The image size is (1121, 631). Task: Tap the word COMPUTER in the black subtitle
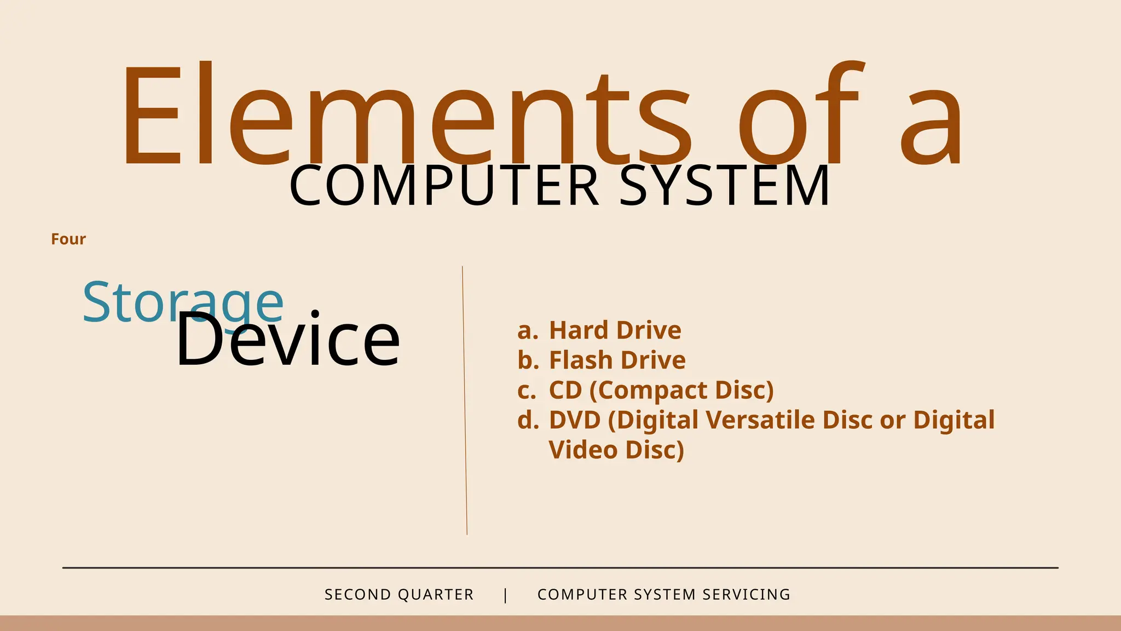click(x=443, y=186)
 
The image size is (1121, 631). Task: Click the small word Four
click(x=68, y=239)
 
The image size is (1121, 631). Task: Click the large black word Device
click(x=288, y=340)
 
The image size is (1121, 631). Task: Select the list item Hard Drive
click(x=615, y=330)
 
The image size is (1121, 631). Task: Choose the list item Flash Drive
click(x=617, y=360)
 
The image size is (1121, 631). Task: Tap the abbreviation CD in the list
click(x=565, y=391)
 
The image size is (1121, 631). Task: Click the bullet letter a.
click(x=526, y=331)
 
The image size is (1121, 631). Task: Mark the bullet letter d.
click(x=527, y=420)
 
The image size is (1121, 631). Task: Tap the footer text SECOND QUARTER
click(x=399, y=595)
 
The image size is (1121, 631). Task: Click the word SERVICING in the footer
click(x=747, y=595)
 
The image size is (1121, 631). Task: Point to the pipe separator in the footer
click(x=505, y=595)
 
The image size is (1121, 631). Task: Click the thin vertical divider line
click(x=465, y=400)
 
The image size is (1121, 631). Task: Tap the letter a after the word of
click(x=931, y=126)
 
